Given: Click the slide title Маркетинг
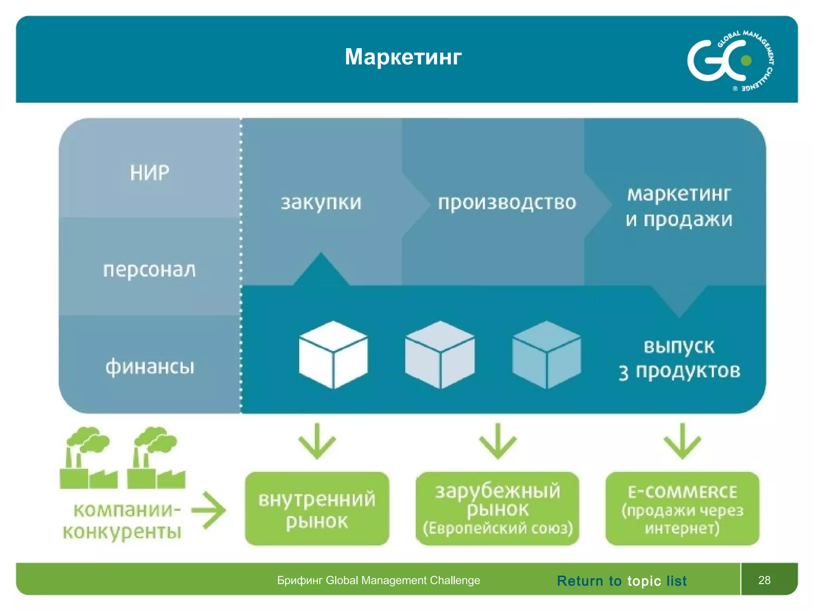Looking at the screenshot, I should click(x=403, y=57).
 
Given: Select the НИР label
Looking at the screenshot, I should click(x=149, y=173).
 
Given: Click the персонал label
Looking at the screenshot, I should click(x=149, y=270).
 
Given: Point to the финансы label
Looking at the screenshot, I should click(x=150, y=366).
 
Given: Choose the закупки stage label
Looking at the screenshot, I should click(x=321, y=202).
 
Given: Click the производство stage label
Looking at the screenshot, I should click(x=507, y=202).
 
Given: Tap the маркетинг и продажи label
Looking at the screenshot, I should click(x=679, y=207).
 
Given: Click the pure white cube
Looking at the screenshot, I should click(x=333, y=354).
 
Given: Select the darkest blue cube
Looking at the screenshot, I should click(x=547, y=354).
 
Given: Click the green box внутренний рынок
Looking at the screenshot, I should click(x=317, y=509).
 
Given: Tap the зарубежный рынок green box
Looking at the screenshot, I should click(x=497, y=509).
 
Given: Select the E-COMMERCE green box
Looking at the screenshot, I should click(x=682, y=509).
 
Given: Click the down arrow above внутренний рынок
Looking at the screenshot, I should click(x=317, y=442).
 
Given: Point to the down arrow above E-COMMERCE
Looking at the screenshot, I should click(x=682, y=442).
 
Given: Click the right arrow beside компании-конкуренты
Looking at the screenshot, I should click(x=209, y=510).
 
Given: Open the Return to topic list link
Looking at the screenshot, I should click(x=622, y=581).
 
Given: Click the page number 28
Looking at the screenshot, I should click(x=764, y=580).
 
